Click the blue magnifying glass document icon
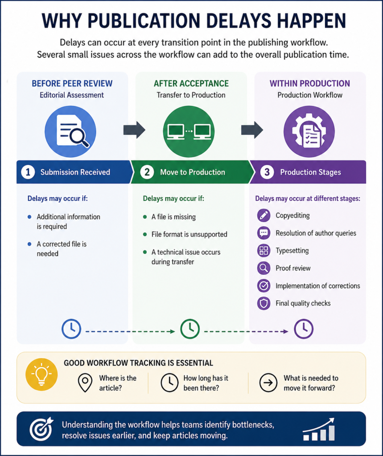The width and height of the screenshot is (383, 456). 70,131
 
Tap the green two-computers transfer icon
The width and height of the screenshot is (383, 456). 189,131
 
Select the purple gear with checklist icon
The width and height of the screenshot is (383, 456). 309,131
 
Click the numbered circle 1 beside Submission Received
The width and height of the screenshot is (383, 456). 28,172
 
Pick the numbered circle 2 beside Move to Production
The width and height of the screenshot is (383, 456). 147,172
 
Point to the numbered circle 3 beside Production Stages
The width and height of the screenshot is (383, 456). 267,172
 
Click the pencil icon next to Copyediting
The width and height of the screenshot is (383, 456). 264,215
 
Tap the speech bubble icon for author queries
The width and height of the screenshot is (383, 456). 264,233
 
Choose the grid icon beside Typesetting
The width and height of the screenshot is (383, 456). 264,250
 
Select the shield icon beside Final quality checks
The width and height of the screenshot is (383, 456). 264,303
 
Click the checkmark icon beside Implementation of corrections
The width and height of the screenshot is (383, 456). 264,285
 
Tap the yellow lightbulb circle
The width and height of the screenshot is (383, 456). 41,374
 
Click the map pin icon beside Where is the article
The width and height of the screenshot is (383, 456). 85,383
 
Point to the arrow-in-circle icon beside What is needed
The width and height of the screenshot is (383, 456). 268,383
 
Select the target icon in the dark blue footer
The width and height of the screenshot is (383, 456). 41,429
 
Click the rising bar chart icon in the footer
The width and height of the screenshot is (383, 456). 319,429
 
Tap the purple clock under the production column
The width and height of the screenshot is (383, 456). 304,329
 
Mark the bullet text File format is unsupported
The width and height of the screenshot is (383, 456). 189,234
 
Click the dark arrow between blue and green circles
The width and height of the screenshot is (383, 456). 134,130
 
